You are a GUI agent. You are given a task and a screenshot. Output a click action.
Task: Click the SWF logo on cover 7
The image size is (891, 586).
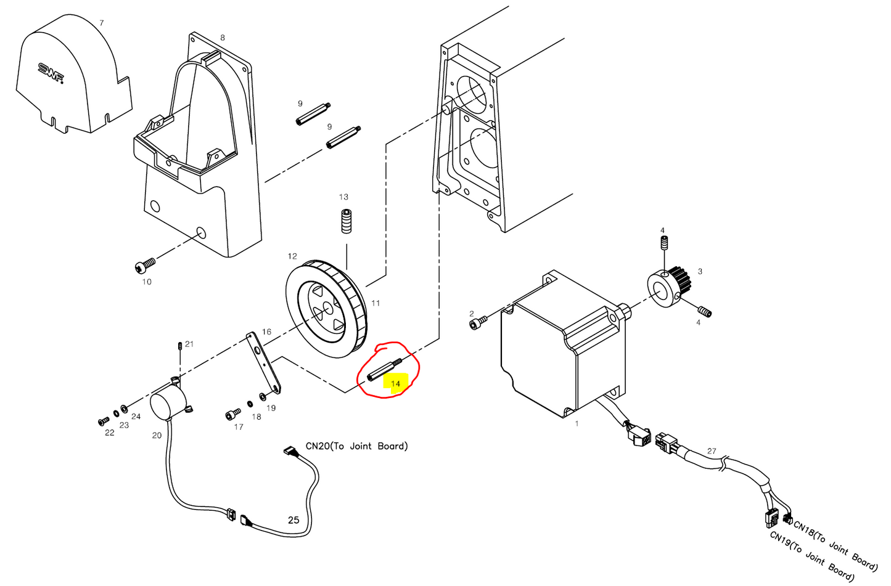coord(51,73)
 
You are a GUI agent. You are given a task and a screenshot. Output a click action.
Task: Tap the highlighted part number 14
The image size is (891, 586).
coord(395,383)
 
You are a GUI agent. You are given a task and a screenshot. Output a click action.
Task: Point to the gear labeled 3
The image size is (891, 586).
coord(669,285)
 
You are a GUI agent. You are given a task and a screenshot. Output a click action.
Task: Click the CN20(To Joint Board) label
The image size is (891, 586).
coord(356,446)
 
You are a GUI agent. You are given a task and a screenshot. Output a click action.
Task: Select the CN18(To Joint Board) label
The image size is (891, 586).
coord(835,545)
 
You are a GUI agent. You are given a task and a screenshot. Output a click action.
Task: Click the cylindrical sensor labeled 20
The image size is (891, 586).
coord(167,402)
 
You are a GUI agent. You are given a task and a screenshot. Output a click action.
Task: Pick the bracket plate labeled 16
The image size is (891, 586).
coord(265,364)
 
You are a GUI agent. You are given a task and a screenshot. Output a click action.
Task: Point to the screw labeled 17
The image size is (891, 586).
coord(232,414)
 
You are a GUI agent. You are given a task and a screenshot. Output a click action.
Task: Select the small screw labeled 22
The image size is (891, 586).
coord(102,421)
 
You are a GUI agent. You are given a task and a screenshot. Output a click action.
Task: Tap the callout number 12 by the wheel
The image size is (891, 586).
coord(292,256)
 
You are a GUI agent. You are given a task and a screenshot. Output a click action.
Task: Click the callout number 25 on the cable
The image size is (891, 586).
coord(294,520)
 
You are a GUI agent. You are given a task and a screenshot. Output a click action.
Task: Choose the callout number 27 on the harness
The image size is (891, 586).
coord(712,451)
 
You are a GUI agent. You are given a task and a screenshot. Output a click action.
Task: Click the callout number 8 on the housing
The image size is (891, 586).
coord(223,38)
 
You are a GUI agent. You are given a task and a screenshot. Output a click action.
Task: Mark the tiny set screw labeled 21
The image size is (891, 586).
coord(179,346)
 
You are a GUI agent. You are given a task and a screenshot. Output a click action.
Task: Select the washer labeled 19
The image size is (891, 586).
coord(263,396)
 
